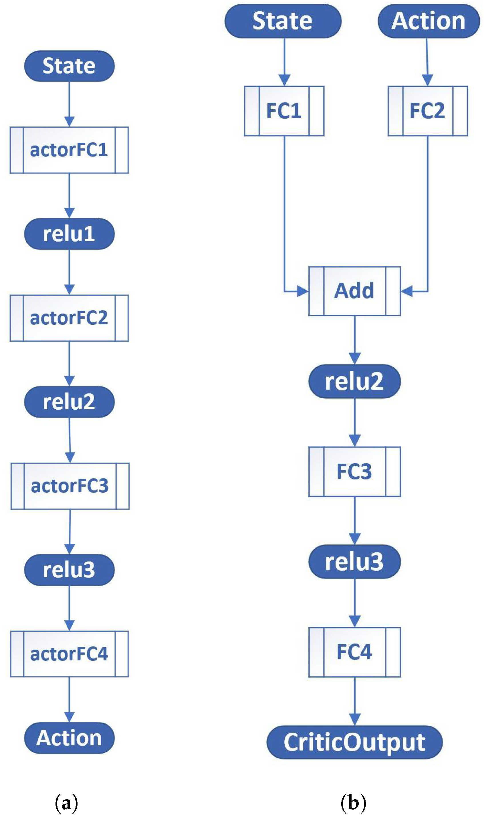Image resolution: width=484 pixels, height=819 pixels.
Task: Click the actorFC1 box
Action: [x=69, y=150]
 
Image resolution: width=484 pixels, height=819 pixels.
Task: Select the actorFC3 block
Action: [x=70, y=486]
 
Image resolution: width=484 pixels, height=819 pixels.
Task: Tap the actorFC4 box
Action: [x=69, y=654]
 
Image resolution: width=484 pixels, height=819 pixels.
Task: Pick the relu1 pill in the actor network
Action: [x=69, y=234]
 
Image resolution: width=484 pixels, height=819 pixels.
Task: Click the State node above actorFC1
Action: [x=69, y=66]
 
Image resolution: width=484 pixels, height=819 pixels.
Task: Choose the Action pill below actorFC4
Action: [x=69, y=738]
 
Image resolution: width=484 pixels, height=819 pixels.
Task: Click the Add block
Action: [x=354, y=291]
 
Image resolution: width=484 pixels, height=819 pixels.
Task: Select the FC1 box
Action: [x=284, y=111]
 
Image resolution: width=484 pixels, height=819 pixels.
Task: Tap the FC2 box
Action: [x=428, y=111]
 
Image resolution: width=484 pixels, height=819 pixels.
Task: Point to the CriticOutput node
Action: [x=354, y=742]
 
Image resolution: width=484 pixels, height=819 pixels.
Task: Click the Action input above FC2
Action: [x=429, y=21]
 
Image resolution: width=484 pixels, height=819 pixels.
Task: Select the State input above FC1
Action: [x=283, y=21]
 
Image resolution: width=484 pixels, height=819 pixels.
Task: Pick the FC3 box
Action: [x=354, y=472]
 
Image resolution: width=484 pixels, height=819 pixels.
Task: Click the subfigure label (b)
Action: [x=353, y=803]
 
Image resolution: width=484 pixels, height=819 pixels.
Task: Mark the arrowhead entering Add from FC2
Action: [x=406, y=291]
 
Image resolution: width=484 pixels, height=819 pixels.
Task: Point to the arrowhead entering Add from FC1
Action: [x=303, y=291]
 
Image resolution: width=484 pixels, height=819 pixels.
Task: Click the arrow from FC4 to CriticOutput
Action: [x=354, y=701]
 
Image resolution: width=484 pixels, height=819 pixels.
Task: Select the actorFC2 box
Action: [x=69, y=318]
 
